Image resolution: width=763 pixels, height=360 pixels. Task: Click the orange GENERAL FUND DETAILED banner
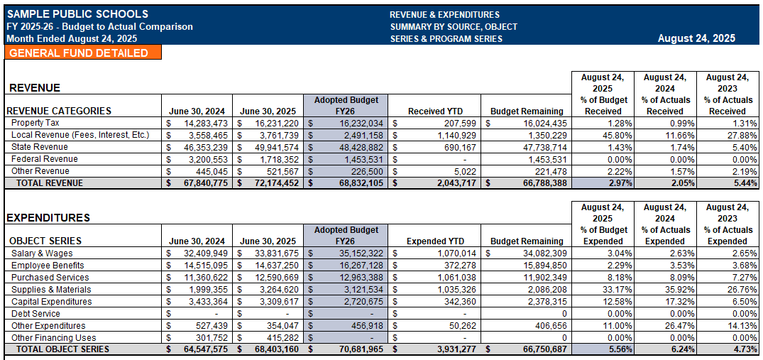[82, 53]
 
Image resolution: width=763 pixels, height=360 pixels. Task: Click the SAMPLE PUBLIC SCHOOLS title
[77, 14]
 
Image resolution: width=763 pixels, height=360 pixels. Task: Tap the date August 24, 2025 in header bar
[696, 38]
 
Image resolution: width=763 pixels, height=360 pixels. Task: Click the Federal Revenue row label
[45, 159]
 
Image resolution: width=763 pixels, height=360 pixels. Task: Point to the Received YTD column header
[436, 111]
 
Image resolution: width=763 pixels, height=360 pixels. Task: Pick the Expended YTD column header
[435, 241]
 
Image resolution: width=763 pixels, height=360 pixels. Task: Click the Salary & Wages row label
[42, 253]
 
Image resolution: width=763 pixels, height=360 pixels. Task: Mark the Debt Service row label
[35, 313]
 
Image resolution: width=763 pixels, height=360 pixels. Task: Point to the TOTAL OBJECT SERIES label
[63, 349]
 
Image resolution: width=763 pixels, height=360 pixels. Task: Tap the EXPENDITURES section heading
[48, 218]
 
